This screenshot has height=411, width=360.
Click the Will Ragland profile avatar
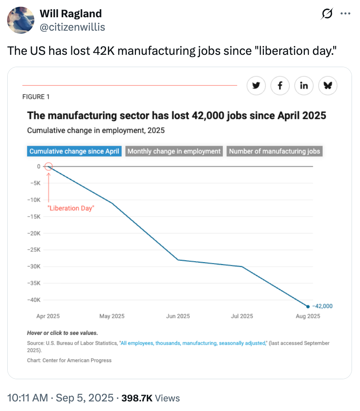click(21, 20)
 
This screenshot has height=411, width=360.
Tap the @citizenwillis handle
click(72, 27)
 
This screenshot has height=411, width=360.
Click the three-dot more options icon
click(345, 14)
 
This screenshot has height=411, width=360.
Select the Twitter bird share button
click(256, 86)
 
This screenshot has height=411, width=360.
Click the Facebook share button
click(280, 86)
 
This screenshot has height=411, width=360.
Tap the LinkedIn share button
click(304, 86)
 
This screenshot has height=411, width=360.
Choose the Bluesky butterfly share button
click(328, 86)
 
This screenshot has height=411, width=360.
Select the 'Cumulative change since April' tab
click(74, 151)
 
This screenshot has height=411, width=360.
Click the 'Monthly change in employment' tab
click(174, 151)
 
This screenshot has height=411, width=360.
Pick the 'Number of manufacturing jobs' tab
click(275, 151)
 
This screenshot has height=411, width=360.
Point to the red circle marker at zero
click(49, 166)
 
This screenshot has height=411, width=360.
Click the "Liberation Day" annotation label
click(70, 209)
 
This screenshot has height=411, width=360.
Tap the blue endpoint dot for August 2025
click(308, 306)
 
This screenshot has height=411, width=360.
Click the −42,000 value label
click(322, 306)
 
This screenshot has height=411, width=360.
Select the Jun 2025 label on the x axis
click(178, 316)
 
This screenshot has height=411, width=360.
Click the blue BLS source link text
click(193, 343)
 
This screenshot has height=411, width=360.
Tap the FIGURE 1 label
click(36, 97)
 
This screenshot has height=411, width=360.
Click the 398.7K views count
click(136, 398)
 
